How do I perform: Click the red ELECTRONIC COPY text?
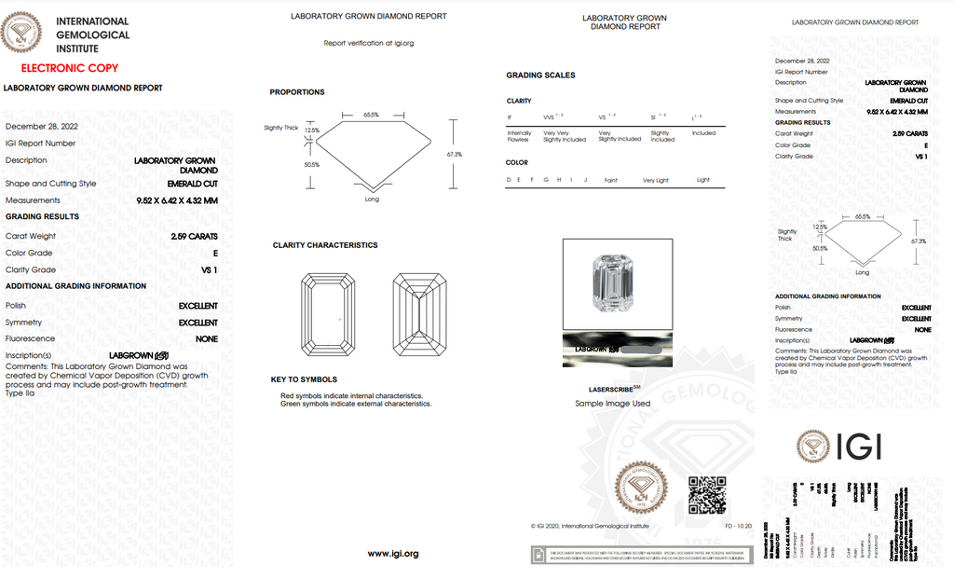point(70,68)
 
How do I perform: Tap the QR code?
point(706,495)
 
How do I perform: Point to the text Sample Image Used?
point(613,404)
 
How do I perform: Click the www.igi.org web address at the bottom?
point(393,554)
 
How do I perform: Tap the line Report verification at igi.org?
point(368,43)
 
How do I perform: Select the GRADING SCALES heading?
point(540,76)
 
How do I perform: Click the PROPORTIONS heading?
point(297,92)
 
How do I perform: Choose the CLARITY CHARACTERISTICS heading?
point(325,245)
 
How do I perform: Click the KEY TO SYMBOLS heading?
point(304,379)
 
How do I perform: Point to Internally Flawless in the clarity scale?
point(519,136)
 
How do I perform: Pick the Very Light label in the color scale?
point(655,180)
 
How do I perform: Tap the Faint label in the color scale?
point(610,180)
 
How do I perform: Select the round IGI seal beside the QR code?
point(641,489)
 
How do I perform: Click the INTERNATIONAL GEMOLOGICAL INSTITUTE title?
point(92,34)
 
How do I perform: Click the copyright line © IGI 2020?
point(590,526)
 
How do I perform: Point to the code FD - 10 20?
point(738,526)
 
